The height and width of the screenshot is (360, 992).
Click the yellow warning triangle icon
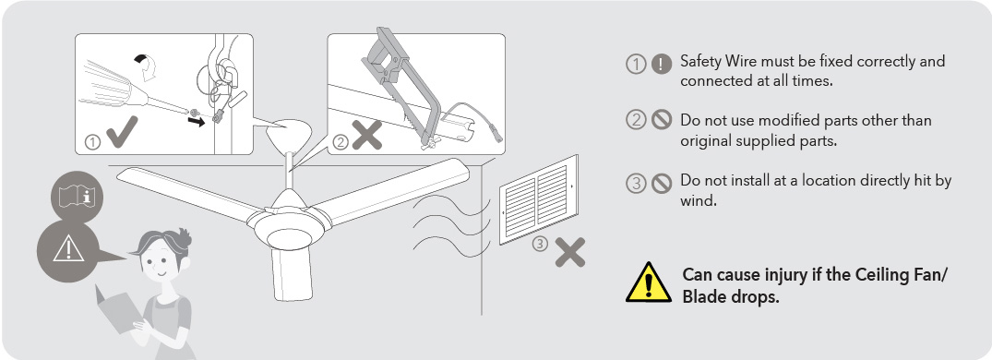[x=650, y=283]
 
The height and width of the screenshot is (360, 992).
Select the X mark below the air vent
[x=569, y=253]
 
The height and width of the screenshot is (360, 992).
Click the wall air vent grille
[x=538, y=198]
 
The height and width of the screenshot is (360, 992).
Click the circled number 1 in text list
[x=635, y=64]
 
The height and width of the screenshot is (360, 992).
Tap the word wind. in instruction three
[x=699, y=200]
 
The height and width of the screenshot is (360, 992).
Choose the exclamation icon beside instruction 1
[x=662, y=64]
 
